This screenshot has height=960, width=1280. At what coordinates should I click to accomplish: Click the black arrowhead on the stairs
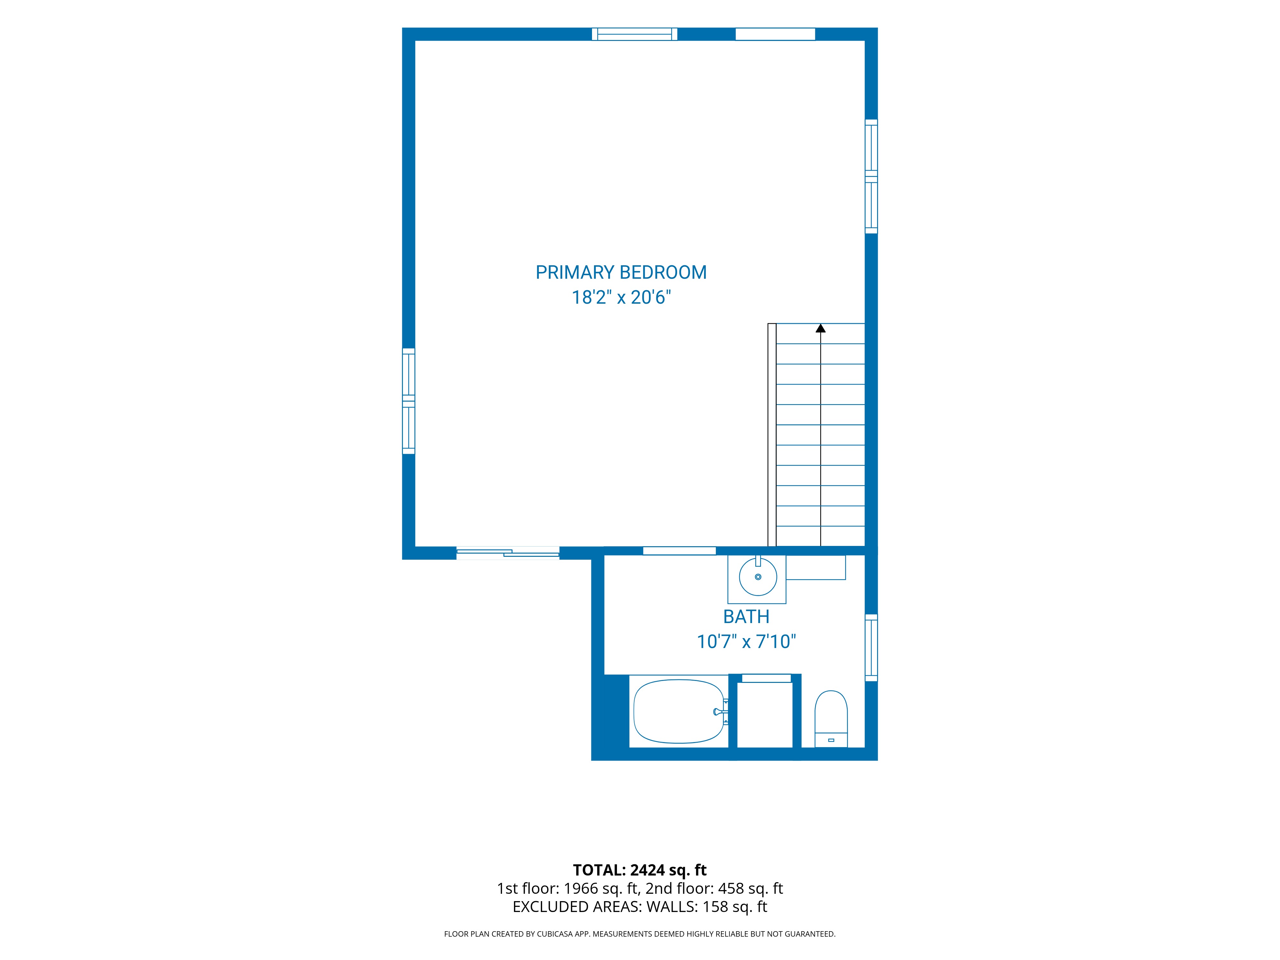coord(820,328)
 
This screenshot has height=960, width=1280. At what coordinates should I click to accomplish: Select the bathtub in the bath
coord(679,711)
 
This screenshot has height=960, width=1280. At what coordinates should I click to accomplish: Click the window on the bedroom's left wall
coord(409,401)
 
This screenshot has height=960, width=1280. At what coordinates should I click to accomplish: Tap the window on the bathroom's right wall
coord(871,648)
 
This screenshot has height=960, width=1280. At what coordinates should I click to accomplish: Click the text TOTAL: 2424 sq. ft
coord(639,870)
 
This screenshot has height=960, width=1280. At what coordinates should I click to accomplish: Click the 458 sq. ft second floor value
coord(750,888)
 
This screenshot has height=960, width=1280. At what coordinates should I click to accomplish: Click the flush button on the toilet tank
coord(831,740)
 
